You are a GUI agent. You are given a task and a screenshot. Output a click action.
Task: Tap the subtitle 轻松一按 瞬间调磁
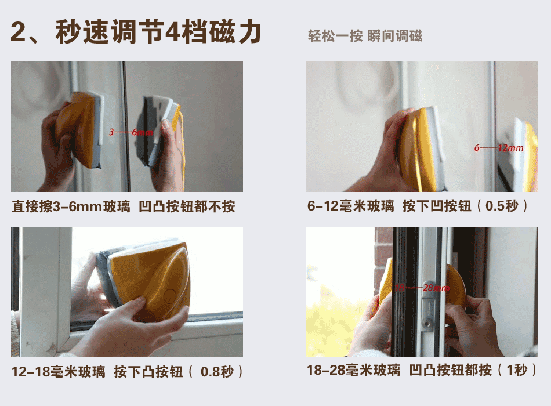[365, 36]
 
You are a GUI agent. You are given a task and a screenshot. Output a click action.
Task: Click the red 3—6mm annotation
[131, 132]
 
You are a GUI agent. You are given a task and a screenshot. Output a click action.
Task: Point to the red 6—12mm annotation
[498, 148]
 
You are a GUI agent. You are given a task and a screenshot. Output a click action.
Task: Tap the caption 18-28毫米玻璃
[353, 370]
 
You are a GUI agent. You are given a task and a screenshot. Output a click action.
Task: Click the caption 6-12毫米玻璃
[350, 206]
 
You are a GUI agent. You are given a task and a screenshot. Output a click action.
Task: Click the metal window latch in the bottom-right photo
[427, 307]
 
